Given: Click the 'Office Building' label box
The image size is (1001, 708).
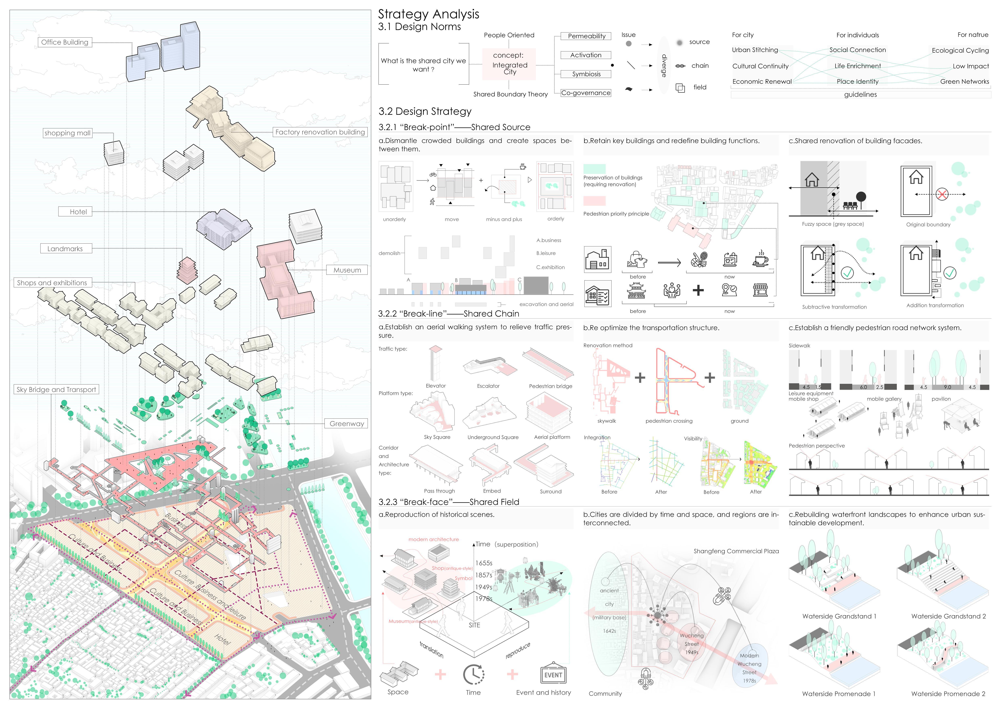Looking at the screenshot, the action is click(x=65, y=42).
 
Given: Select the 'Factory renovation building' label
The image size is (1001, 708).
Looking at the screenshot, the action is click(x=320, y=132).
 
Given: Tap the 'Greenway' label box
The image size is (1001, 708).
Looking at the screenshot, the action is click(x=347, y=424).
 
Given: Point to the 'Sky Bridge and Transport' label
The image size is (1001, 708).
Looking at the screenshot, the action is click(x=56, y=389).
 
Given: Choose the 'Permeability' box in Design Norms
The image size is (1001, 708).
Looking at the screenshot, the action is click(x=586, y=36).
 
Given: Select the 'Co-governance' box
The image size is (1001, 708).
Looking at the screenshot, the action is click(x=586, y=93).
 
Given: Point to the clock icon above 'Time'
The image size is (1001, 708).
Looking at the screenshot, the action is click(x=474, y=674).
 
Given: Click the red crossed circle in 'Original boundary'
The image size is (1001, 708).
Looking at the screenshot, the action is click(x=942, y=194).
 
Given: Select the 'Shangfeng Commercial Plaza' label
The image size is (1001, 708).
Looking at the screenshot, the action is click(x=736, y=551).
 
